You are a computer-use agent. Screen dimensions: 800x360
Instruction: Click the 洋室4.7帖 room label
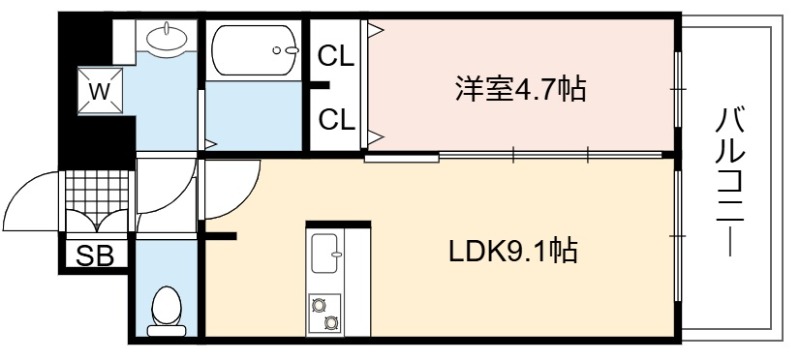(x=520, y=90)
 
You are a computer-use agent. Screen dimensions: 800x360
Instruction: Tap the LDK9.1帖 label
(x=513, y=251)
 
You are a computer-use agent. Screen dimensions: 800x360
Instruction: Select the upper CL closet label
(x=336, y=57)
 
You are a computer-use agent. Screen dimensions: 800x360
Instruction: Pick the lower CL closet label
(x=336, y=120)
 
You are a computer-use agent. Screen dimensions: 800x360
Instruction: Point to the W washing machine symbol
(x=100, y=92)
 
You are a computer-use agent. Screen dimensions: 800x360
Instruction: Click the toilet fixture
(x=166, y=311)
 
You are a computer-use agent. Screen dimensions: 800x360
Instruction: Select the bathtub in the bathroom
(x=255, y=50)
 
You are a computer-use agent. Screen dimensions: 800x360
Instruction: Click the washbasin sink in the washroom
(x=167, y=37)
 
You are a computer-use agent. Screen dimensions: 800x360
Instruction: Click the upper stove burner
(x=319, y=305)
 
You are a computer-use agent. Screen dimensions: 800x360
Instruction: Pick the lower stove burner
(x=331, y=322)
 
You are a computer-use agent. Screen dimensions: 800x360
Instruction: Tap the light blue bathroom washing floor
(x=254, y=115)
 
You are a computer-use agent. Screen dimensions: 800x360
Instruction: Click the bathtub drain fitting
(x=285, y=50)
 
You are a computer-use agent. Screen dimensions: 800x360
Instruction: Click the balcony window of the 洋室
(x=678, y=89)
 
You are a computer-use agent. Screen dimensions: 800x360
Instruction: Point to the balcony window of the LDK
(x=678, y=236)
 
